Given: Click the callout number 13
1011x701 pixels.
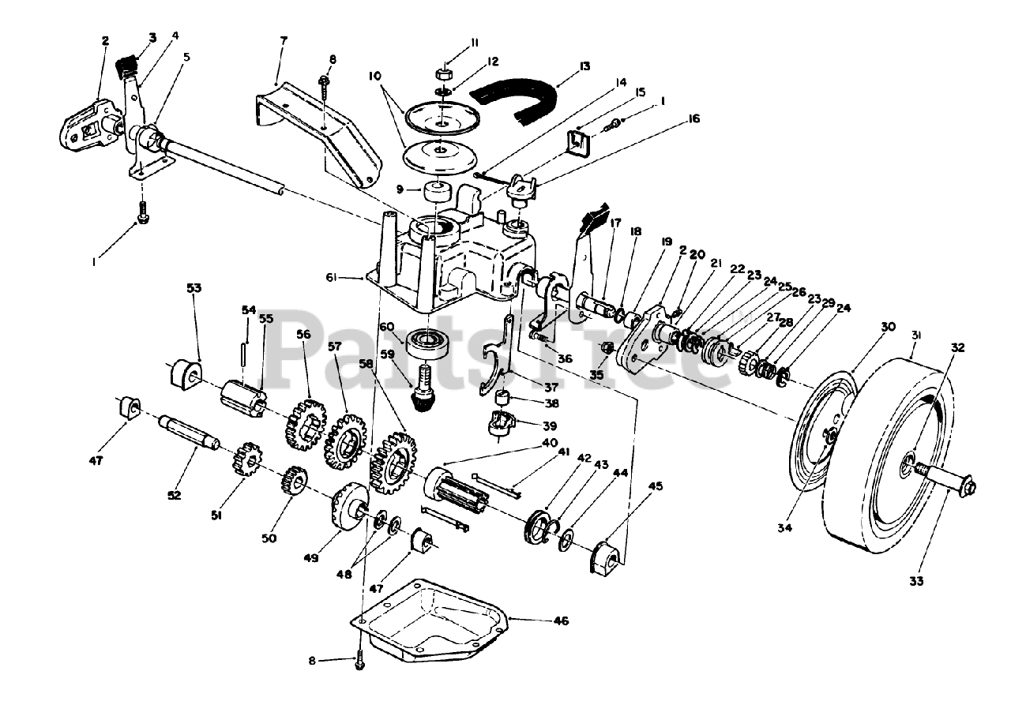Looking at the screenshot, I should coord(584,66).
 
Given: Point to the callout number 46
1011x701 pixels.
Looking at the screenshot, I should coord(560,621).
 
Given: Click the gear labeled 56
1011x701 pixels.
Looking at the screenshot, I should coord(303,425).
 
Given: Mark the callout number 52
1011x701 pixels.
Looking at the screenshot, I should coord(174,495).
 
